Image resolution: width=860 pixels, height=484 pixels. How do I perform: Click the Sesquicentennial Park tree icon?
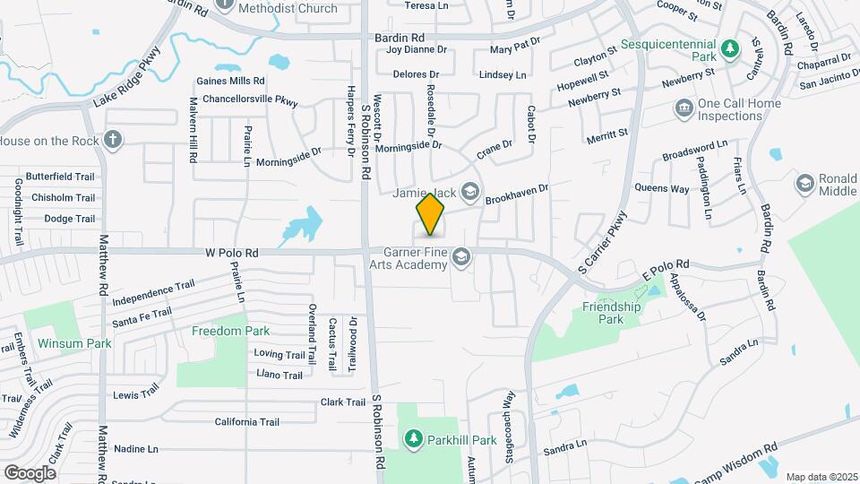[730, 48]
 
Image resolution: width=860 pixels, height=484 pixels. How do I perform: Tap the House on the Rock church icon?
[111, 140]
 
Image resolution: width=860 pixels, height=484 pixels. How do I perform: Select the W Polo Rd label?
[230, 254]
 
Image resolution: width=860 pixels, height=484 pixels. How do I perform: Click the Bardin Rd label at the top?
[399, 39]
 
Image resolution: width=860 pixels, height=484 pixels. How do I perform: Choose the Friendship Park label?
[612, 312]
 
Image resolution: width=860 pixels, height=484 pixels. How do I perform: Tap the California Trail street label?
[247, 421]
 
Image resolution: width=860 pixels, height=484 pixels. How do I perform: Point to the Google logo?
[30, 472]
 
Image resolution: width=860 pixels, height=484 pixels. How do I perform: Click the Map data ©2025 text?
[821, 477]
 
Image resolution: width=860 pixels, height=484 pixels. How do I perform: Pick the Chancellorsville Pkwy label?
[250, 99]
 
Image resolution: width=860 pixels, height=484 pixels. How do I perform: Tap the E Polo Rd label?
[664, 265]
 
